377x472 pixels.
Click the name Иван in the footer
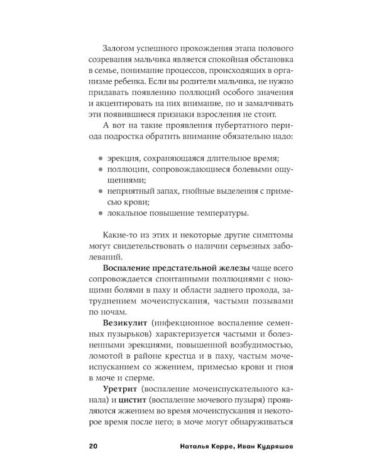[233, 447]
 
